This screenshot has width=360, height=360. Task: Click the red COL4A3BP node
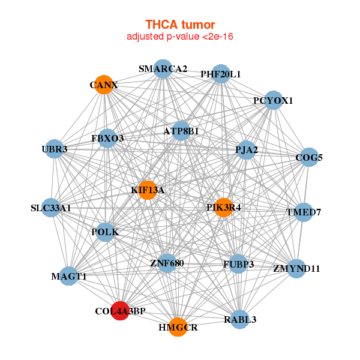pyautogui.click(x=121, y=311)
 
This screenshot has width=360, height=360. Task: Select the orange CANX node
pyautogui.click(x=103, y=85)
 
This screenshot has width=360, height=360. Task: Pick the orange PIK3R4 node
pyautogui.click(x=223, y=208)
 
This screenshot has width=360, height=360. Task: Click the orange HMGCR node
pyautogui.click(x=178, y=327)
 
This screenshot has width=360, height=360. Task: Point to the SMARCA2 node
pyautogui.click(x=163, y=69)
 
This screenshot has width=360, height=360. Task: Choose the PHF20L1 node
pyautogui.click(x=221, y=74)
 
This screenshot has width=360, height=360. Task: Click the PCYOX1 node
pyautogui.click(x=273, y=100)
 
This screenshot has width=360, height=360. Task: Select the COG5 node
pyautogui.click(x=309, y=158)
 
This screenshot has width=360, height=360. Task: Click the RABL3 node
pyautogui.click(x=240, y=319)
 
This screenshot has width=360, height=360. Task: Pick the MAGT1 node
pyautogui.click(x=69, y=276)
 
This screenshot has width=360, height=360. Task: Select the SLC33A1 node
pyautogui.click(x=52, y=208)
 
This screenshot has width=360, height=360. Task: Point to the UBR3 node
pyautogui.click(x=55, y=148)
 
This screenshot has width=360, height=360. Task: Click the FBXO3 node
pyautogui.click(x=108, y=139)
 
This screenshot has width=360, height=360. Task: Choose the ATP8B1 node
pyautogui.click(x=181, y=131)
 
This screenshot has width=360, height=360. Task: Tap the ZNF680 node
pyautogui.click(x=167, y=263)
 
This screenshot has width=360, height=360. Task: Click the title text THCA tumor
pyautogui.click(x=180, y=25)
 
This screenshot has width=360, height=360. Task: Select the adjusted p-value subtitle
pyautogui.click(x=180, y=37)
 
